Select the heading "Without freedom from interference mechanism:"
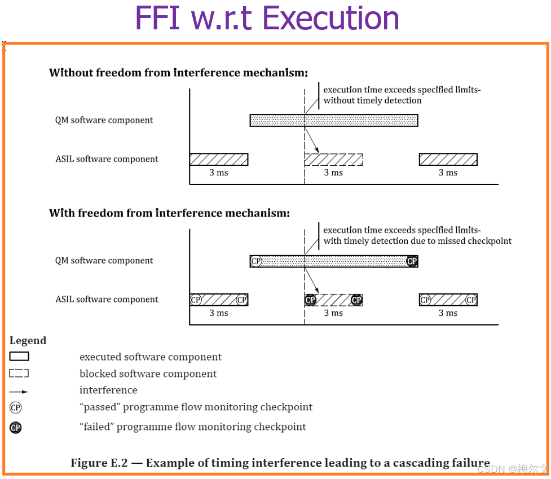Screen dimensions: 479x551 (x=178, y=73)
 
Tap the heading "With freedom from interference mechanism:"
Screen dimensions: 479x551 (x=169, y=213)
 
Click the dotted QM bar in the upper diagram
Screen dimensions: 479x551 (x=333, y=120)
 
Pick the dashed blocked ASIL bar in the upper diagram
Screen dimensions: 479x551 (x=333, y=159)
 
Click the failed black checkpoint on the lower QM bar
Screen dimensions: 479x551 (x=412, y=261)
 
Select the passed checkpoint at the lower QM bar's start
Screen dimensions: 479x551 (x=256, y=261)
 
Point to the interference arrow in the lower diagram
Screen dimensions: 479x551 (x=312, y=280)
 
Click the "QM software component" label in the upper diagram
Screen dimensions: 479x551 (x=104, y=120)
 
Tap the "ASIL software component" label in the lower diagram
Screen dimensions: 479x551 (x=107, y=300)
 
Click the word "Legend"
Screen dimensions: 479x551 (x=28, y=341)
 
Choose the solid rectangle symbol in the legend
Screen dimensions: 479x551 (x=19, y=357)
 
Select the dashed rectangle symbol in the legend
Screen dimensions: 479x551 (x=19, y=373)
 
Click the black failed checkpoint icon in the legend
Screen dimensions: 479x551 (x=16, y=428)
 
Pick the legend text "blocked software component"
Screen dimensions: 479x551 (x=148, y=374)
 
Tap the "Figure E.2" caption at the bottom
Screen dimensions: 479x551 (x=280, y=463)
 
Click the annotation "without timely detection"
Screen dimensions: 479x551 (x=372, y=100)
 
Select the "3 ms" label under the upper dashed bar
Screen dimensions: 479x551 (x=333, y=173)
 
